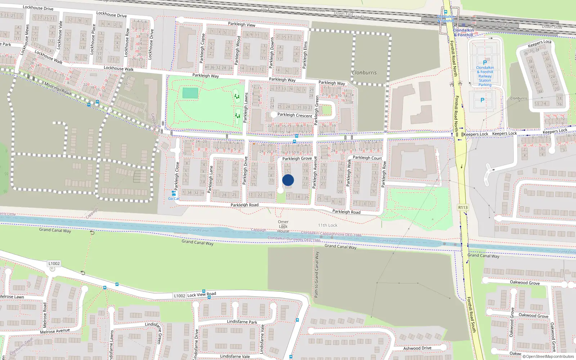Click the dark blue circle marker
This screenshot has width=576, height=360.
pos(288,180)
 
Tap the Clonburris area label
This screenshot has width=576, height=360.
pos(364,73)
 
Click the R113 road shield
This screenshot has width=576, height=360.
pos(463,207)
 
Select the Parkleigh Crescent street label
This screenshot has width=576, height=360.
pos(294,115)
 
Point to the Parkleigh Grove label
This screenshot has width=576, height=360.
pos(297,158)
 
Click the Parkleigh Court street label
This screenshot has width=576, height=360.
pos(367,158)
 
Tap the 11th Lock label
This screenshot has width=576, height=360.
pos(328,225)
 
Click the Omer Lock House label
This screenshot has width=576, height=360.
pos(283,226)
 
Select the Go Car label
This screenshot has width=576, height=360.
pos(174,198)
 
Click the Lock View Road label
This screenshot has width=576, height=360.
pos(202,294)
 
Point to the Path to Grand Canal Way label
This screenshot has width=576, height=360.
pos(316,274)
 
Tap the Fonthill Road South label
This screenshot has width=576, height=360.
pos(472,315)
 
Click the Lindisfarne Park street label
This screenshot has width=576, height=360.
pos(242,322)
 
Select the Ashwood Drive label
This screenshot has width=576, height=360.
pos(417,348)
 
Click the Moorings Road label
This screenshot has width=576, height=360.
pos(58,88)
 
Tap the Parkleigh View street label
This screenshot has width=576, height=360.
pos(242,24)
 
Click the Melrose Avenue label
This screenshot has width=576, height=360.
pos(55,331)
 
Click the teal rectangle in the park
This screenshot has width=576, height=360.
pos(190,93)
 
